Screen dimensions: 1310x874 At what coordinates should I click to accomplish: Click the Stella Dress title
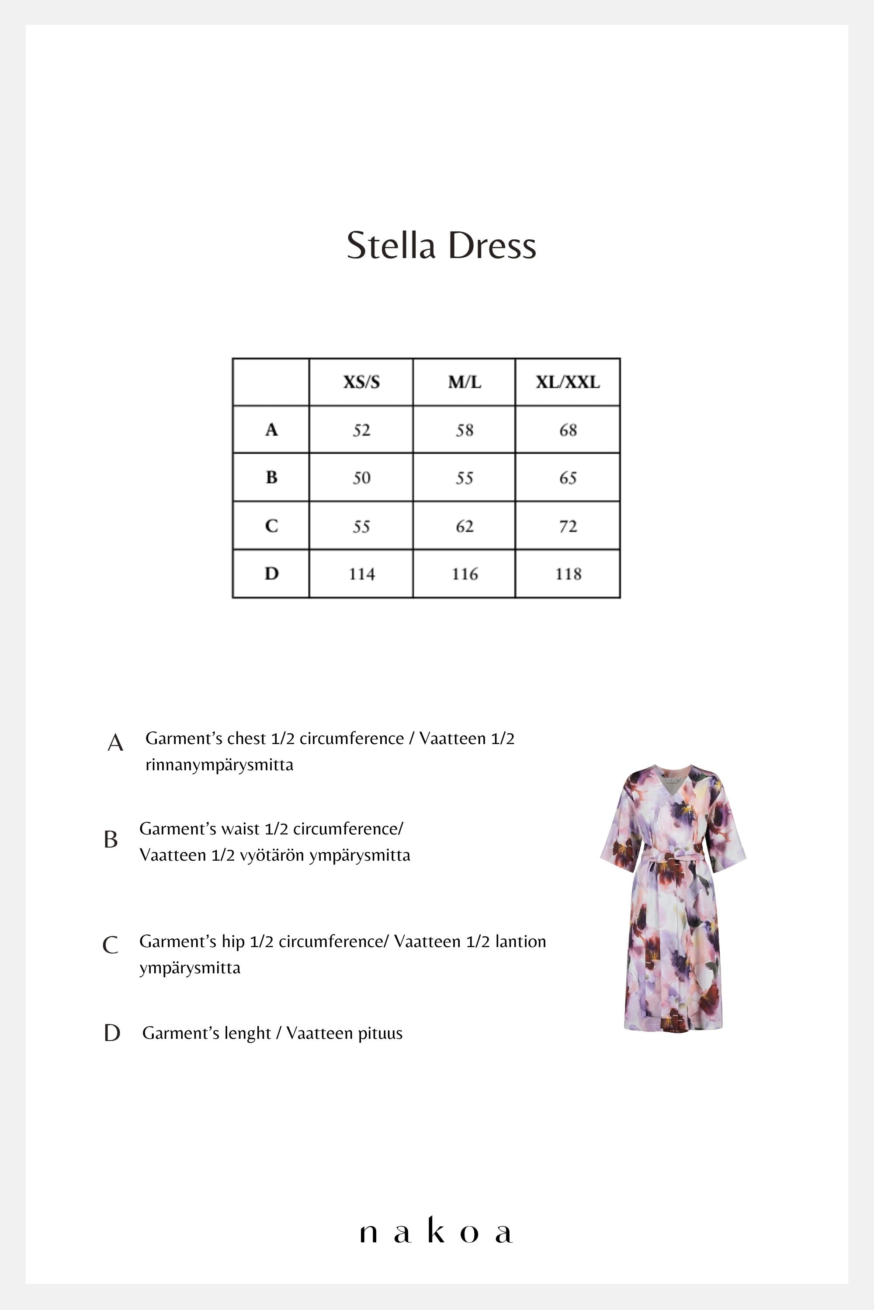pos(441,245)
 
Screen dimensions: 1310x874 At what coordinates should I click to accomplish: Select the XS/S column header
pos(361,382)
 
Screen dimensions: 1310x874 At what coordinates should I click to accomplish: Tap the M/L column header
pos(464,382)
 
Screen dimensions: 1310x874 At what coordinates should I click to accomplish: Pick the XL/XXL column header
pos(567,382)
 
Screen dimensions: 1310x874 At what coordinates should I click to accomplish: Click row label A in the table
pos(271,429)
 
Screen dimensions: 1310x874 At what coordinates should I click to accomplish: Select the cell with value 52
pos(361,430)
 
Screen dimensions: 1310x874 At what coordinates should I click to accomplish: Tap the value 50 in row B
pos(361,478)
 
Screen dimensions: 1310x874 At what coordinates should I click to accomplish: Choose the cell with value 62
pos(464,526)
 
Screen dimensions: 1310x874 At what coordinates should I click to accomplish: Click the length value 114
pos(362,574)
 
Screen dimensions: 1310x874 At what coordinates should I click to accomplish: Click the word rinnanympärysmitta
pos(219,765)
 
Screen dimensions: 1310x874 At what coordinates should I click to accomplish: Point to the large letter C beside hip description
pos(111,945)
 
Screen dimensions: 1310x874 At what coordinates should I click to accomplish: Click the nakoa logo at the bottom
pos(436,1233)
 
